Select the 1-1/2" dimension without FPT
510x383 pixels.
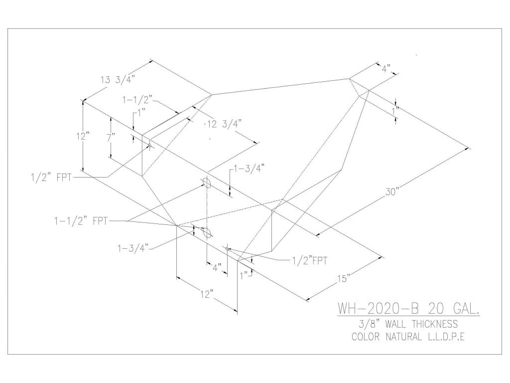[x=137, y=100]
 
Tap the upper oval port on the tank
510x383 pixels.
[x=208, y=183]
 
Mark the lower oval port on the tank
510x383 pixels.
[x=208, y=232]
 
